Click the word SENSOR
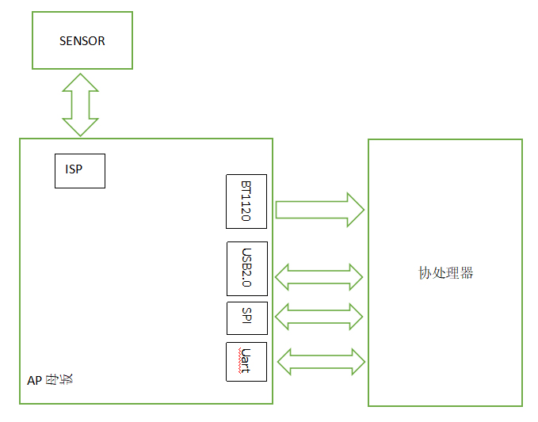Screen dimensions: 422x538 pyautogui.click(x=82, y=40)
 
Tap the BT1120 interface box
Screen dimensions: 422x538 pyautogui.click(x=246, y=201)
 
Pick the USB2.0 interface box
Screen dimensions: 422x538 pyautogui.click(x=246, y=268)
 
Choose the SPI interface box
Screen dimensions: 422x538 pyautogui.click(x=246, y=318)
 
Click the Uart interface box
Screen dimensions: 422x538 pyautogui.click(x=246, y=362)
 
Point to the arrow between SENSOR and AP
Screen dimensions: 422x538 pyautogui.click(x=80, y=105)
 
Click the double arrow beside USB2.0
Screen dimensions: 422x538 pyautogui.click(x=319, y=276)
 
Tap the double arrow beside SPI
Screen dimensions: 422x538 pyautogui.click(x=319, y=317)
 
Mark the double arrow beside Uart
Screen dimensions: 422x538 pyautogui.click(x=321, y=362)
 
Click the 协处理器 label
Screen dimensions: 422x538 pyautogui.click(x=445, y=273)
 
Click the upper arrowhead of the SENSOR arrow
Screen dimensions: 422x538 pyautogui.click(x=80, y=82)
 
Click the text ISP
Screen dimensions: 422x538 pyautogui.click(x=74, y=169)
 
